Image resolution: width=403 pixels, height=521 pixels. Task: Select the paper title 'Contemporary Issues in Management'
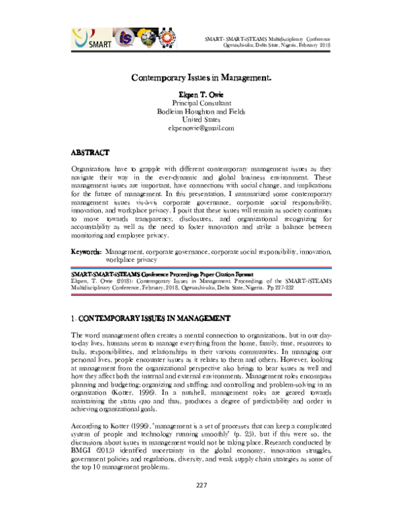coord(201,78)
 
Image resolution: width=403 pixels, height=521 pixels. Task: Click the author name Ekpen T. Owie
coord(201,95)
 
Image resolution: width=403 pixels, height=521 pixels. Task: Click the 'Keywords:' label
coord(87,251)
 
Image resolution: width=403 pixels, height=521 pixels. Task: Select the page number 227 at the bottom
coord(201,504)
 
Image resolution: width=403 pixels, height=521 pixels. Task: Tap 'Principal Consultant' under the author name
coord(201,104)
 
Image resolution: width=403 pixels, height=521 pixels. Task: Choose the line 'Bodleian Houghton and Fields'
coord(201,112)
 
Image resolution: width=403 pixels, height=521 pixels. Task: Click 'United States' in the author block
coord(201,120)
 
